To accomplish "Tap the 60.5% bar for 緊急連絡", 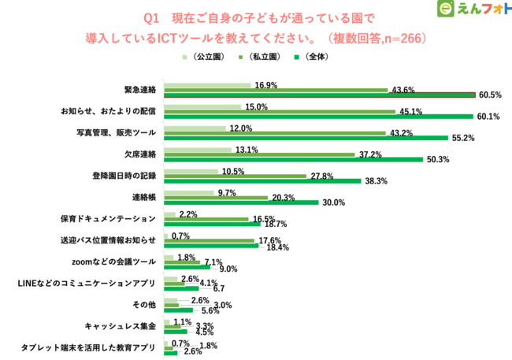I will pos(319,95).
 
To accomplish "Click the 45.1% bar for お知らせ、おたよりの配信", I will pos(279,112).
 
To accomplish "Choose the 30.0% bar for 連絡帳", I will pos(240,202).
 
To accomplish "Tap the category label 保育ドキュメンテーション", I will pos(113,217).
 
